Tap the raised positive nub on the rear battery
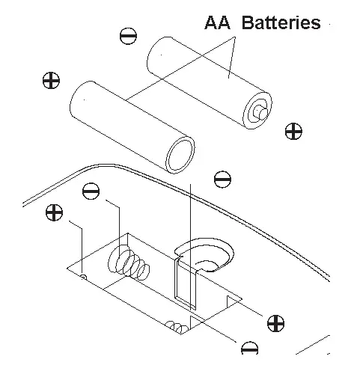(260, 110)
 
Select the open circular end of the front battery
(180, 155)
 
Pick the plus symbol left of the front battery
(52, 81)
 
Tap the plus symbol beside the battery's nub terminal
(293, 132)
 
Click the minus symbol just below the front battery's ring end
(222, 180)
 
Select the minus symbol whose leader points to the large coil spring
(91, 191)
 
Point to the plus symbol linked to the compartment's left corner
(53, 212)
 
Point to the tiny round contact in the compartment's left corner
(82, 278)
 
